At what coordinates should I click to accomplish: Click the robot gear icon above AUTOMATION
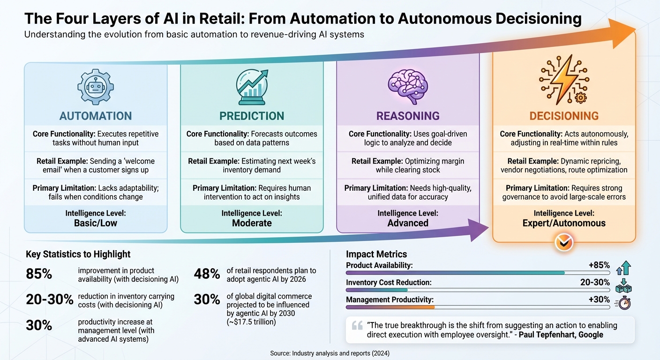point(95,88)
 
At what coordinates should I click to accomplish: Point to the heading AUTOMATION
point(95,116)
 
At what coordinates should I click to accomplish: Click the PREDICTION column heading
point(252,116)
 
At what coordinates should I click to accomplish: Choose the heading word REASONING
point(408,116)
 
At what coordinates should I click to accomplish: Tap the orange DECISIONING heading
point(564,116)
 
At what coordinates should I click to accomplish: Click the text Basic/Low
point(96,223)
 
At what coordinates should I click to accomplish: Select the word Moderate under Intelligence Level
point(252,223)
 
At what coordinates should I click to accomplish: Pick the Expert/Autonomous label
point(564,223)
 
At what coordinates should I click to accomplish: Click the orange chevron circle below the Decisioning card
point(563,242)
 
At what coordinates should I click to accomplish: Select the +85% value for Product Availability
point(599,265)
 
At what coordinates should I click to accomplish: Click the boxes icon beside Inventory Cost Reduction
point(624,285)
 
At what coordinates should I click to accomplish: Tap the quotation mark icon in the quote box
point(357,326)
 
